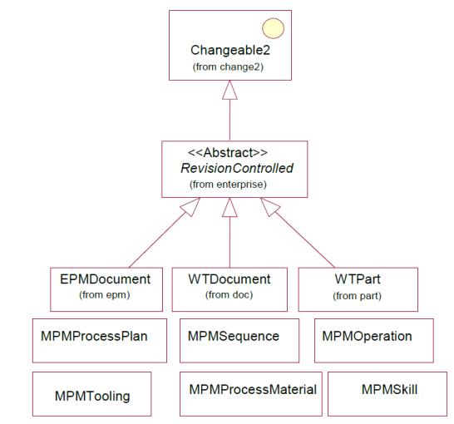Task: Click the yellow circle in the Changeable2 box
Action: pyautogui.click(x=273, y=28)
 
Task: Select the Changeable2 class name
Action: pyautogui.click(x=230, y=50)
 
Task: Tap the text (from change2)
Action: pyautogui.click(x=228, y=67)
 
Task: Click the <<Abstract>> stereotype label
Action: pyautogui.click(x=228, y=152)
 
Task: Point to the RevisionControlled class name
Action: pyautogui.click(x=237, y=168)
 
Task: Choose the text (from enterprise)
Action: pyautogui.click(x=228, y=184)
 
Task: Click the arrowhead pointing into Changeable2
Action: pyautogui.click(x=229, y=90)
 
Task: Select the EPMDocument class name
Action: pyautogui.click(x=105, y=279)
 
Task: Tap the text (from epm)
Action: pyautogui.click(x=105, y=295)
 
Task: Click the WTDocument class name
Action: pyautogui.click(x=229, y=279)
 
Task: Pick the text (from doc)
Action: pyautogui.click(x=229, y=295)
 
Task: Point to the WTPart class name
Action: pyautogui.click(x=358, y=279)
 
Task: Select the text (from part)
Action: pyautogui.click(x=357, y=296)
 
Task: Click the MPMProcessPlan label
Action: pyautogui.click(x=94, y=337)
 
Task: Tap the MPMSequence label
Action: pyautogui.click(x=234, y=337)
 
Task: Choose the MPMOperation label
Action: pyautogui.click(x=367, y=337)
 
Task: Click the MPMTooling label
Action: pyautogui.click(x=92, y=397)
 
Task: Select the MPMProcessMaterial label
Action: pyautogui.click(x=253, y=390)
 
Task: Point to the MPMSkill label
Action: pyautogui.click(x=389, y=390)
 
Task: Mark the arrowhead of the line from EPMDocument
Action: pyautogui.click(x=190, y=207)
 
